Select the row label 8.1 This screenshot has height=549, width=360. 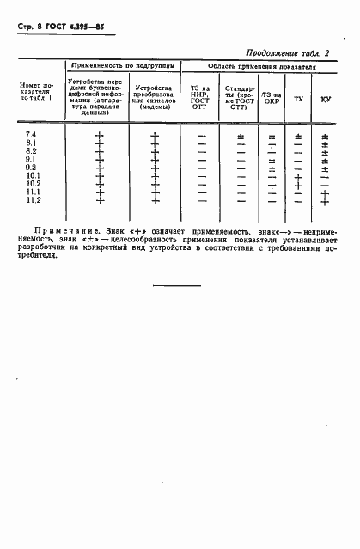(31, 144)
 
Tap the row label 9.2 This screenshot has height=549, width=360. (31, 168)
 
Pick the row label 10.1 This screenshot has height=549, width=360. (33, 176)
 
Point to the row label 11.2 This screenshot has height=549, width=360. (33, 200)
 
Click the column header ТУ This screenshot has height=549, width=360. (298, 100)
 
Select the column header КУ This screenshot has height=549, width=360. (326, 100)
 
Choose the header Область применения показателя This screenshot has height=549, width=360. (262, 65)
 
